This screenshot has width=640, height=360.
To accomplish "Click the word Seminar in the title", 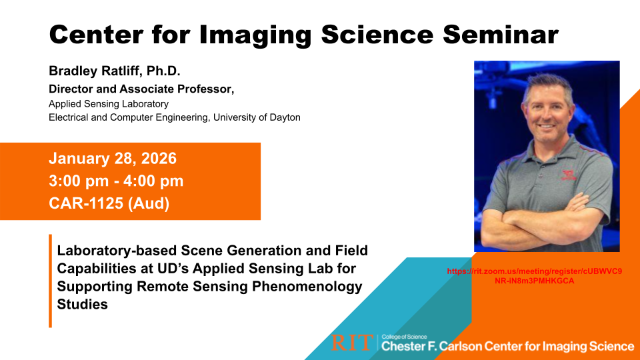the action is tap(501, 34).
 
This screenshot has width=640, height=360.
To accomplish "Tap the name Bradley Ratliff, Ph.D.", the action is tap(114, 71).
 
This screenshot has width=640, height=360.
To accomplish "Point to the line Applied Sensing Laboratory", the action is tap(109, 104).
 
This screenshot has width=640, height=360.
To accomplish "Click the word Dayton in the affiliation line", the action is tap(285, 117).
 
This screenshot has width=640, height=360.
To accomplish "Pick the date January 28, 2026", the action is tap(113, 159).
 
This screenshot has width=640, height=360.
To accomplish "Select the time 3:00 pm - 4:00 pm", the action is tap(116, 181).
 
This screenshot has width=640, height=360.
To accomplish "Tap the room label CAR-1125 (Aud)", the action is tap(109, 203).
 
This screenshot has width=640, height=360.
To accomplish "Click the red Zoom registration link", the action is tap(534, 276).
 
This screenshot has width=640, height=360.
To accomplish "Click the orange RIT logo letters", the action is tap(352, 343).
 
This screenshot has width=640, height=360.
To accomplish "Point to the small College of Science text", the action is tap(404, 337).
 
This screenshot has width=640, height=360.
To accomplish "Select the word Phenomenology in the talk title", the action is tap(307, 287).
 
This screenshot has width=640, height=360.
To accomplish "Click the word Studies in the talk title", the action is tap(83, 305).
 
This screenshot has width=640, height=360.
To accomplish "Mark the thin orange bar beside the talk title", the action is tap(50, 281).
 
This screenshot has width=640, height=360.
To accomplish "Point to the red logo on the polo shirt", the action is tap(569, 175).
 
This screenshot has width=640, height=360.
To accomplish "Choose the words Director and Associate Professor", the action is tap(141, 89).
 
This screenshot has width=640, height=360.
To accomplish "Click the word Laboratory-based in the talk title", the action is tap(117, 251).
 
